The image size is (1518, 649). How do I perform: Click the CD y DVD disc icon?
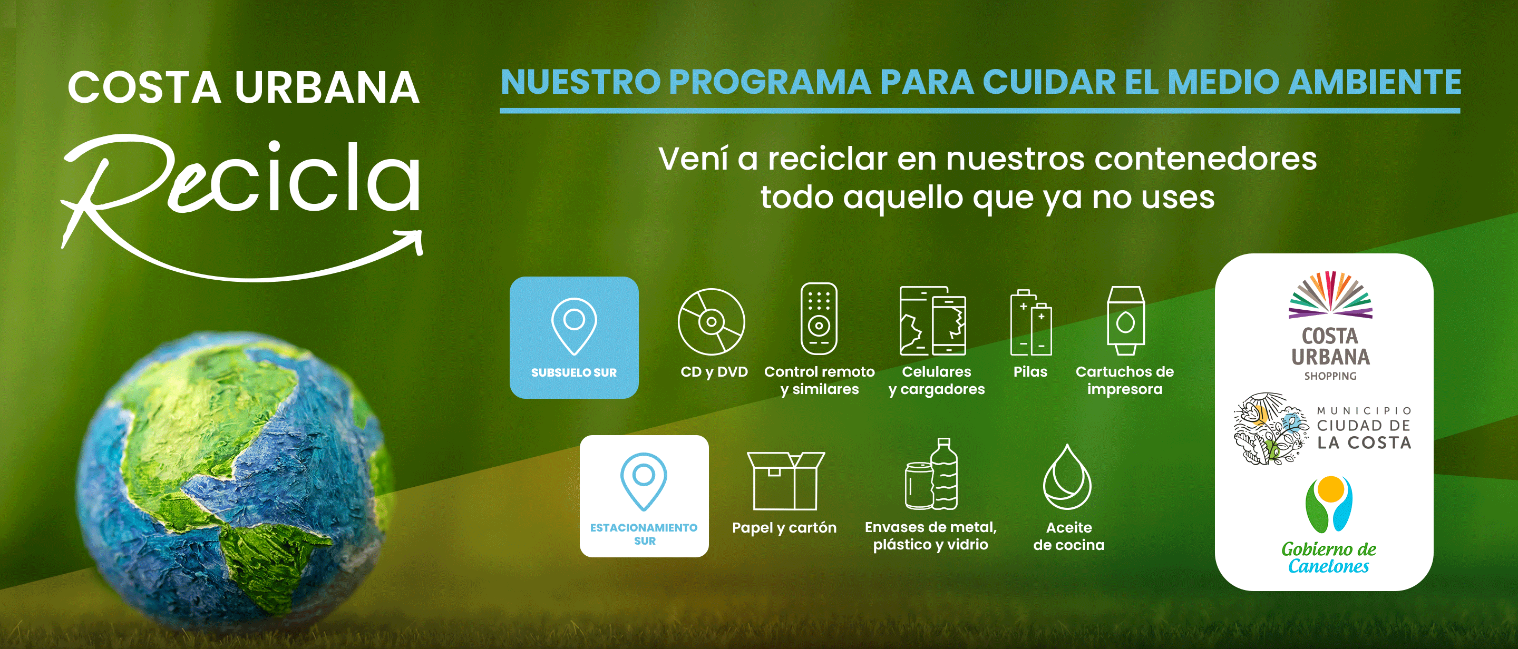[x=711, y=321]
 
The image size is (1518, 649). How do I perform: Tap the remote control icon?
[x=819, y=319]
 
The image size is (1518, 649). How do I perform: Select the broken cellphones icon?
[x=932, y=320]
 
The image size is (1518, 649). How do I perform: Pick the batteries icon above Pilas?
[x=1030, y=322]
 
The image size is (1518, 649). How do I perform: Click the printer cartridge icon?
[x=1125, y=320]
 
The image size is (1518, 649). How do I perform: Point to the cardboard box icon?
[x=785, y=480]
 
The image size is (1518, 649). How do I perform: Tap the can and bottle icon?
[x=932, y=474]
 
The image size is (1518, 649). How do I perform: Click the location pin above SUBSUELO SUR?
[x=574, y=326]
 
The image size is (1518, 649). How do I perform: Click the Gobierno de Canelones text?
[x=1328, y=557]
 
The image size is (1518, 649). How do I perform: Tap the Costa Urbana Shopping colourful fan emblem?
[x=1330, y=294]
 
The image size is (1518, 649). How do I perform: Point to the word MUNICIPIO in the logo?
[x=1364, y=410]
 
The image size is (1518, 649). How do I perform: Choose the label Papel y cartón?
[x=784, y=528]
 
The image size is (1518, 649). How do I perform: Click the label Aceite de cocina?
[x=1069, y=536]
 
